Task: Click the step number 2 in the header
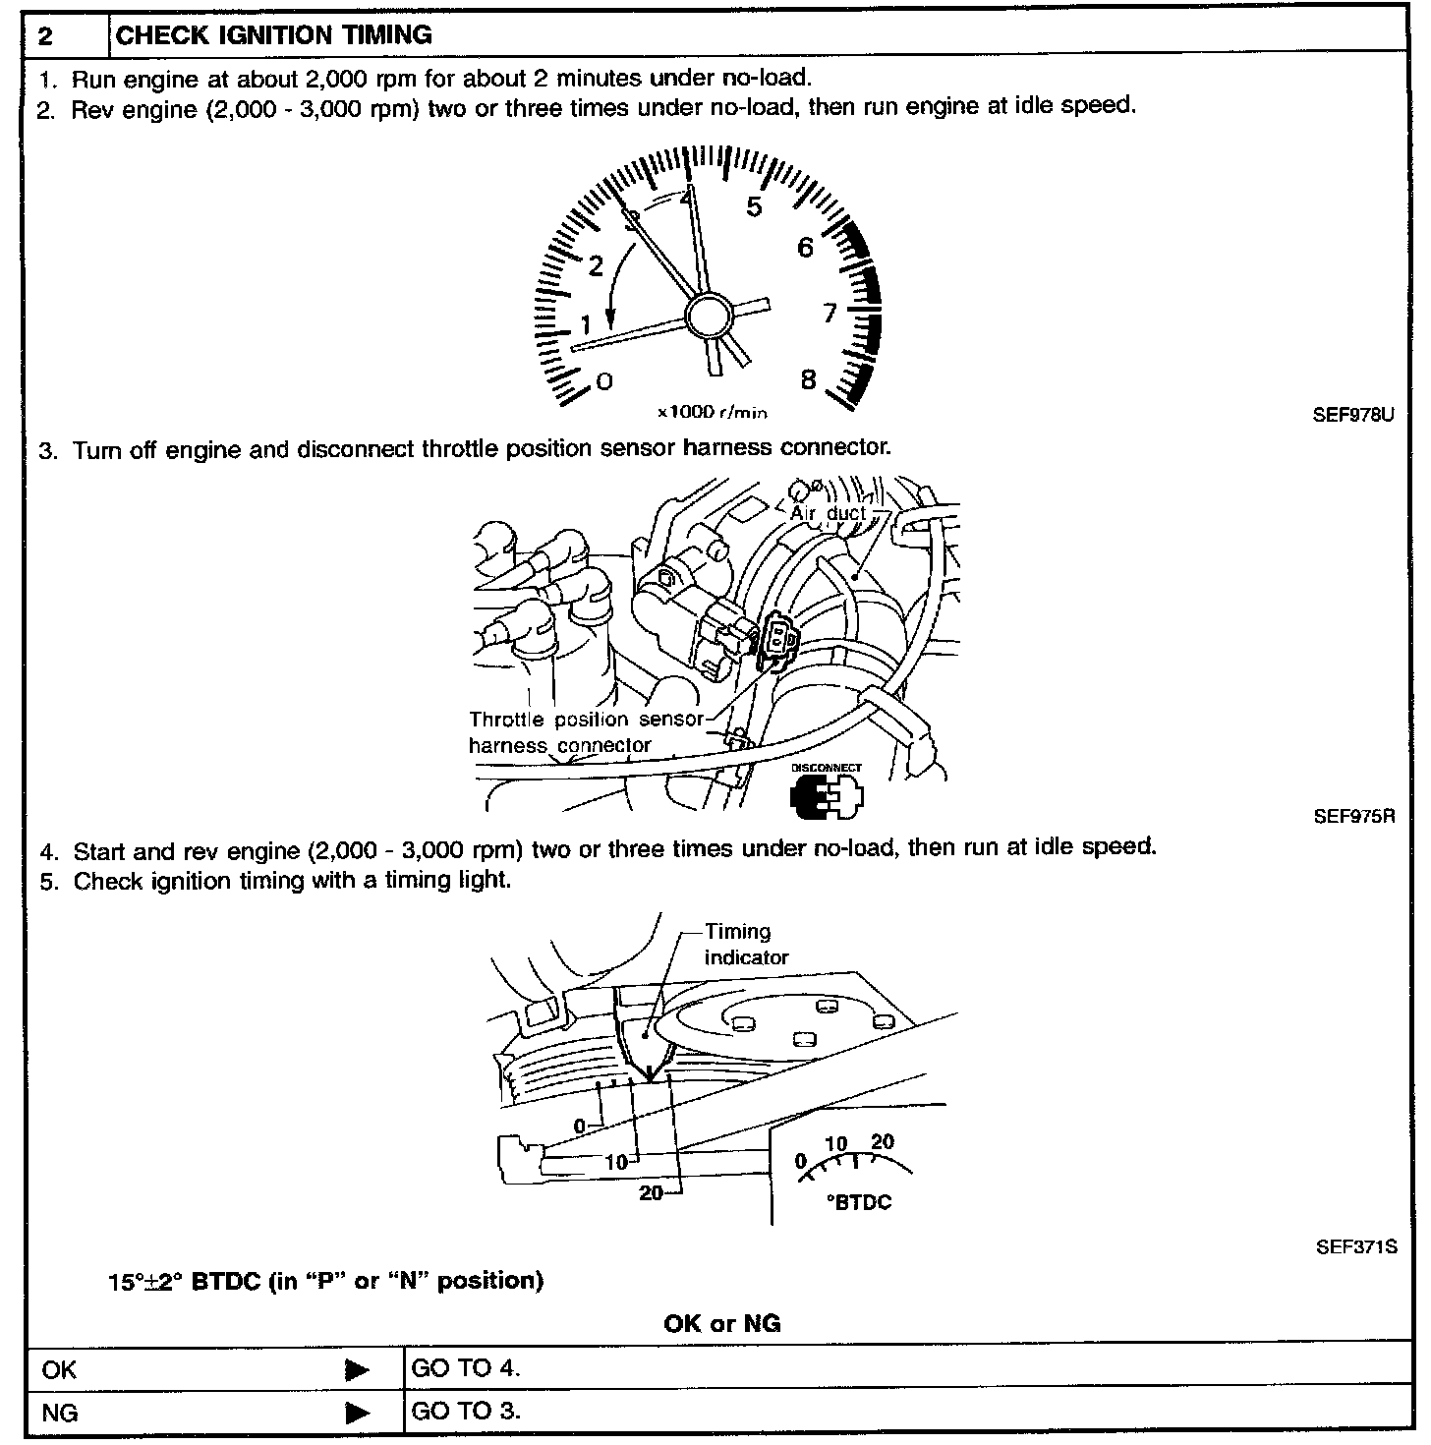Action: coord(46,36)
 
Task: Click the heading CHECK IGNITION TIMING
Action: coord(274,35)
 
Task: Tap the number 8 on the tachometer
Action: coord(808,380)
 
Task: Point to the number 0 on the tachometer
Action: coord(604,381)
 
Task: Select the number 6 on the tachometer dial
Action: coord(805,247)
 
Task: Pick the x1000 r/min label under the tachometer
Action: coord(713,412)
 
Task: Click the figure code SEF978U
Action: coord(1353,415)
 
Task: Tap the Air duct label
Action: coord(829,513)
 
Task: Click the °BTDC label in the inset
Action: coord(859,1202)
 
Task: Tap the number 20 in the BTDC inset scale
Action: coord(883,1141)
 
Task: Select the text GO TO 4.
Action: coord(465,1367)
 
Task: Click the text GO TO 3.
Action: coord(465,1411)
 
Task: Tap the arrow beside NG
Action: coord(358,1413)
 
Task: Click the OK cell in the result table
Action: coord(59,1369)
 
